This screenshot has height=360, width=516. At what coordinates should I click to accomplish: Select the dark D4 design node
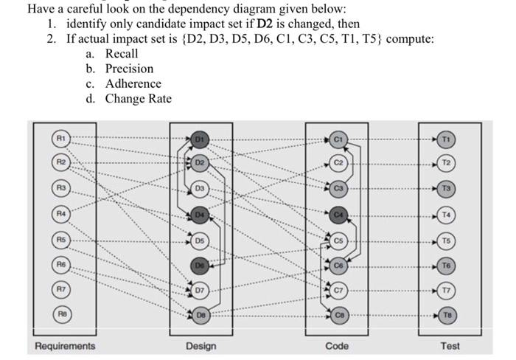[199, 215]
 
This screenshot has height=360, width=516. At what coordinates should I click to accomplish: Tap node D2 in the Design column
[200, 162]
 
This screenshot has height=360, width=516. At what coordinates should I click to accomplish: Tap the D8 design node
[200, 315]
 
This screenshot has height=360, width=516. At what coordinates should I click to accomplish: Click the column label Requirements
[65, 345]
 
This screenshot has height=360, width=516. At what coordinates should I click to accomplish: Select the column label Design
[201, 345]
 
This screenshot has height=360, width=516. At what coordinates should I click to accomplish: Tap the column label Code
[338, 345]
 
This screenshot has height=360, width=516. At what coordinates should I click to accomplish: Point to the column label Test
[450, 345]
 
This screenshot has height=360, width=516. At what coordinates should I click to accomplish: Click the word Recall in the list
[122, 54]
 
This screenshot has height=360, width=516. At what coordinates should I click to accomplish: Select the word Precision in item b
[129, 69]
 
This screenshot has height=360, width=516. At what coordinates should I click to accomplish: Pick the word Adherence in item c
[133, 83]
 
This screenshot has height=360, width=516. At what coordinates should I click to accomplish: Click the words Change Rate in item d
[138, 98]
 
